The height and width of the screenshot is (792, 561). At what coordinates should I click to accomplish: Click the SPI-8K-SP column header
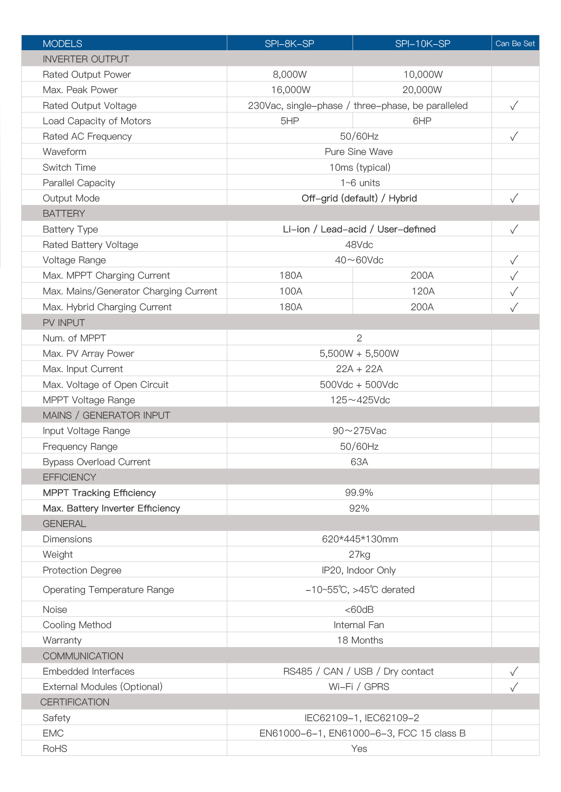pyautogui.click(x=289, y=44)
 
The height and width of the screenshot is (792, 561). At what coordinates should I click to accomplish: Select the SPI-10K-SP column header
pyautogui.click(x=422, y=44)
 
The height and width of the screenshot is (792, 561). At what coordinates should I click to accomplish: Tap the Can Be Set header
pyautogui.click(x=515, y=44)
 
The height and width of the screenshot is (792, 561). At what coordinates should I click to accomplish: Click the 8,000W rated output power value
pyautogui.click(x=289, y=75)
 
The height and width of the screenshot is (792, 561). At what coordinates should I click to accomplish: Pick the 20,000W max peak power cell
pyautogui.click(x=422, y=90)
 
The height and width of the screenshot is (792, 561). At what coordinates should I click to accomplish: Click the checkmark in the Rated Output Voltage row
pyautogui.click(x=514, y=106)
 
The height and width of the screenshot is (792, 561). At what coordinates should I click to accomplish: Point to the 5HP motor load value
pyautogui.click(x=289, y=121)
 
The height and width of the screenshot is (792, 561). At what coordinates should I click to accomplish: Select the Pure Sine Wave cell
pyautogui.click(x=358, y=152)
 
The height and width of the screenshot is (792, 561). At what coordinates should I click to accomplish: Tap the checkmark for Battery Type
pyautogui.click(x=514, y=229)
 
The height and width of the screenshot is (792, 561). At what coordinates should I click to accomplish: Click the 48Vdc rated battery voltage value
pyautogui.click(x=359, y=245)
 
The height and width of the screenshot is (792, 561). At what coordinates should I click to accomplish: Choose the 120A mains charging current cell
pyautogui.click(x=423, y=291)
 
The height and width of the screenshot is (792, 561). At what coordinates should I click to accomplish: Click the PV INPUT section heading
pyautogui.click(x=64, y=323)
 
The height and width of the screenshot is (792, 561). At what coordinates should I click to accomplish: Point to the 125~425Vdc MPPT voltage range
pyautogui.click(x=360, y=400)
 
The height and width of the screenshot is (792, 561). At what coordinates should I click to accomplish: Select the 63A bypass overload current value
pyautogui.click(x=359, y=462)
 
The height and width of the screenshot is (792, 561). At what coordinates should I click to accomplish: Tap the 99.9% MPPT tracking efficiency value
pyautogui.click(x=359, y=493)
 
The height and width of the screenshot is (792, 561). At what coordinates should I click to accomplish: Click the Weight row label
pyautogui.click(x=58, y=554)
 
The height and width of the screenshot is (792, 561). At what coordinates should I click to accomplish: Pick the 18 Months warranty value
pyautogui.click(x=360, y=640)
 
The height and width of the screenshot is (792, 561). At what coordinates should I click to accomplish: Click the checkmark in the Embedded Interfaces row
pyautogui.click(x=514, y=671)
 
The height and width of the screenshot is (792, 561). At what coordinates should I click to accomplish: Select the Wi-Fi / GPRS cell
pyautogui.click(x=359, y=687)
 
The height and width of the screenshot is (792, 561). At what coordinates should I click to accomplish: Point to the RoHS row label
pyautogui.click(x=55, y=749)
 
